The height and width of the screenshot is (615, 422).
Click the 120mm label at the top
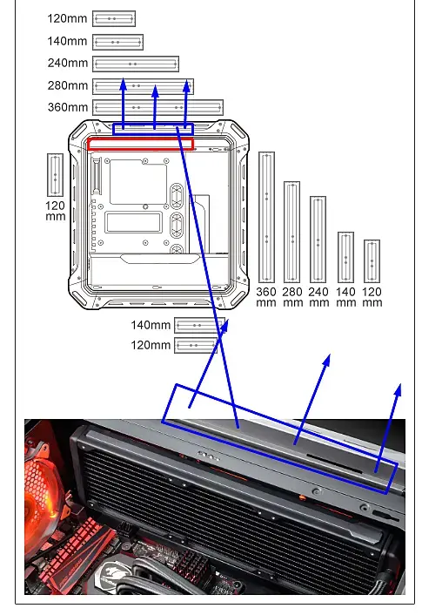coord(67,18)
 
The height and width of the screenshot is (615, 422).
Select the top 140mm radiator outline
coord(118,42)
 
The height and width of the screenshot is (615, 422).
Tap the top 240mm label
coord(68,63)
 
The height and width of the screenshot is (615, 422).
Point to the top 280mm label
coord(68,85)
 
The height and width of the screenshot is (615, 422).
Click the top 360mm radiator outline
coord(157,107)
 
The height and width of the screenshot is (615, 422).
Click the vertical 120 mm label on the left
coord(55,211)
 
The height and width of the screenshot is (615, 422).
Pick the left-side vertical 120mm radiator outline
coord(55,175)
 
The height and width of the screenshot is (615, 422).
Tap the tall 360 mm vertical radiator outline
coord(266,217)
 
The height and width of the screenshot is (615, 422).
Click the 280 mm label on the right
coord(292,297)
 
